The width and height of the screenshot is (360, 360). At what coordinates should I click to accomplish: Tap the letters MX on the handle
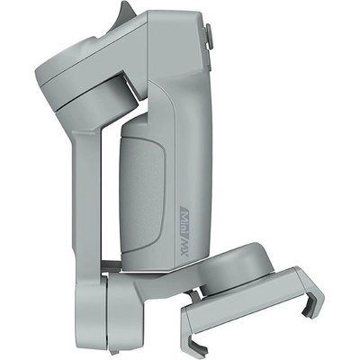point(184,247)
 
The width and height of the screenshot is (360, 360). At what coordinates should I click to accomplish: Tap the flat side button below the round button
point(209,59)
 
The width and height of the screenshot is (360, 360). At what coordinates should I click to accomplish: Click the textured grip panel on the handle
point(142,191)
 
